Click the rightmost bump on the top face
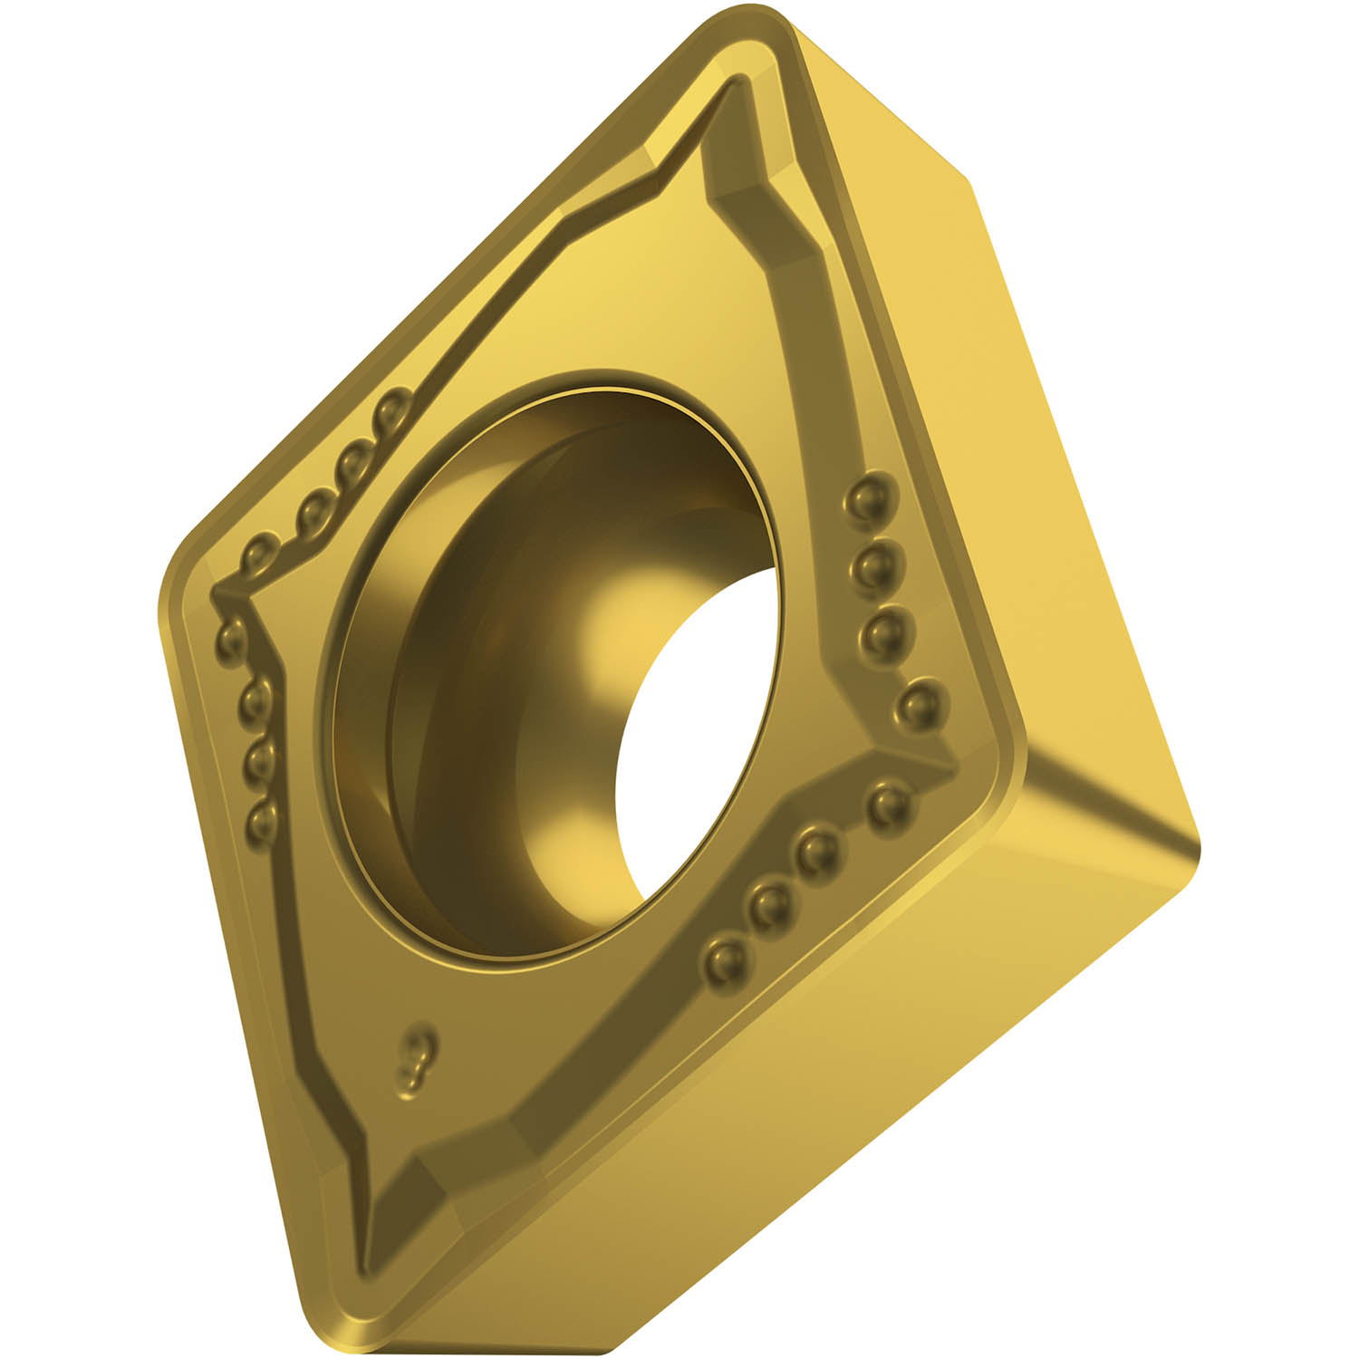click(921, 701)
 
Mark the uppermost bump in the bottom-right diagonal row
click(889, 803)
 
